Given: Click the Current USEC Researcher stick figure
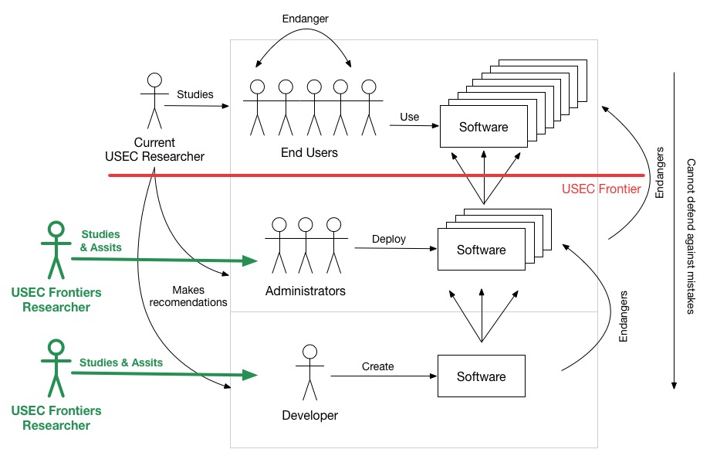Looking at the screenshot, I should coord(154,100).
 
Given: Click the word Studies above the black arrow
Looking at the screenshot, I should coord(194,94).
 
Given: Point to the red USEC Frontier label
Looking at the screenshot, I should coord(601,188).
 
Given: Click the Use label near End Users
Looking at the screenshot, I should coord(410,117).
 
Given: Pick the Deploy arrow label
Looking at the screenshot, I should coord(389,239).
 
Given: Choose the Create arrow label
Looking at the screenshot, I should coord(377,366).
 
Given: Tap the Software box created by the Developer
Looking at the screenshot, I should coord(481,376).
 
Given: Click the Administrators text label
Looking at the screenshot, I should coord(305,291).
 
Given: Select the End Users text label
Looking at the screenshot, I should coord(309,153).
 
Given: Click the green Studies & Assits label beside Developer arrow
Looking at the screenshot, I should coord(120,362).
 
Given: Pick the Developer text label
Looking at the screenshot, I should coord(309,416).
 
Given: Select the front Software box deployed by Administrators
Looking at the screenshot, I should coord(481,250).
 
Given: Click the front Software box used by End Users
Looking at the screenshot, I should coord(483,126).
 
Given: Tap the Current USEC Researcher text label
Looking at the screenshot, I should coord(154,150).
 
